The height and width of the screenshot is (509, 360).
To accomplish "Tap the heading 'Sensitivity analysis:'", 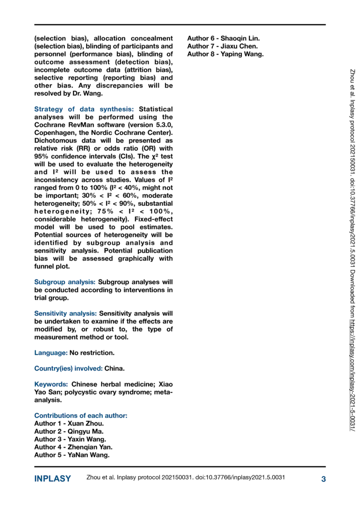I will (x=66, y=313).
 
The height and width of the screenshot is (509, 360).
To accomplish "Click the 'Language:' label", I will (x=51, y=352).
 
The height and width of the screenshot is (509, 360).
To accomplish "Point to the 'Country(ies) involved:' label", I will (x=68, y=368).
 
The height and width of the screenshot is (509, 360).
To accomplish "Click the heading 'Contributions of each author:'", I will (x=81, y=416).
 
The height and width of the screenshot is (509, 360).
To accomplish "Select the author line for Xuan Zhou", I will (x=69, y=423).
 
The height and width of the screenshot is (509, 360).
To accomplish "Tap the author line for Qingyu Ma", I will (x=69, y=431).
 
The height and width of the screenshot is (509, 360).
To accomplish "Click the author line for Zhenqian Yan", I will (x=73, y=447).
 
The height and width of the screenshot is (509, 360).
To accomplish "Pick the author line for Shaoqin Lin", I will (x=223, y=38).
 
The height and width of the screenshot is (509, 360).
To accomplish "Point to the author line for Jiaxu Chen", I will (x=222, y=46).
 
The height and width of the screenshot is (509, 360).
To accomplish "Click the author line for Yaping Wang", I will (x=225, y=54).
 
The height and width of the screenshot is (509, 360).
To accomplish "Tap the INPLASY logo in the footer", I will (x=52, y=479).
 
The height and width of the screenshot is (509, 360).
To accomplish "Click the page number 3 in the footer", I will (x=323, y=479).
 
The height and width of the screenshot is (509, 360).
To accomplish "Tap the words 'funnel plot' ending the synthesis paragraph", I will (x=52, y=266).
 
